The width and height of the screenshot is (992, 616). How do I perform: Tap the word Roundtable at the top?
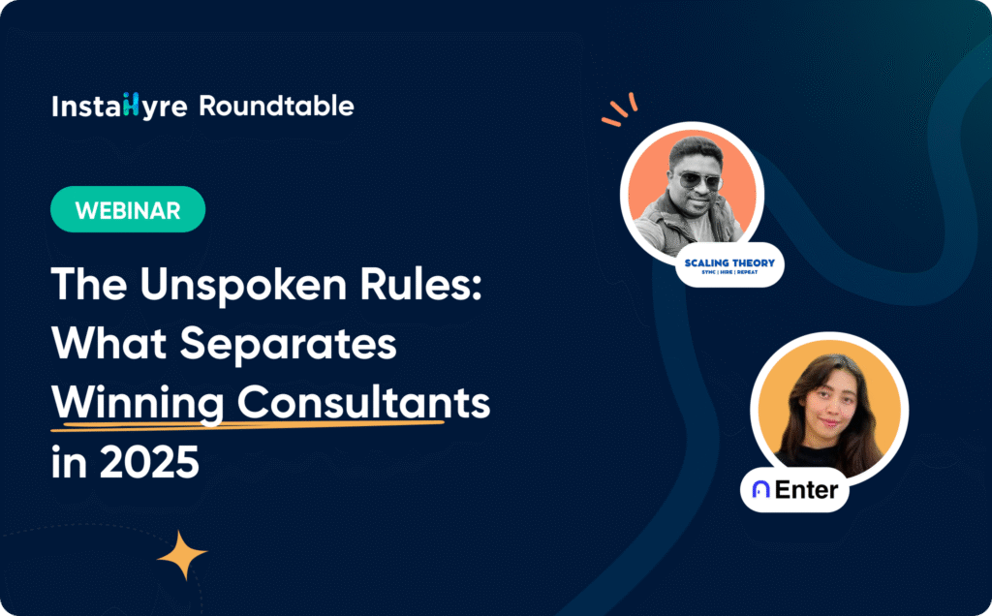coord(276,107)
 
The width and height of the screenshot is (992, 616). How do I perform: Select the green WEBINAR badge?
coord(128,209)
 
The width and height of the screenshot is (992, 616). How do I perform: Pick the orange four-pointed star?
coord(182,556)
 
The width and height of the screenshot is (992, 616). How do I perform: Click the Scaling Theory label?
coord(728,264)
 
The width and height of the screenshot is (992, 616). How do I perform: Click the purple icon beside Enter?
coord(761,490)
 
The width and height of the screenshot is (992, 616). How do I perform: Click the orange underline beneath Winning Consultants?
coord(247,423)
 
